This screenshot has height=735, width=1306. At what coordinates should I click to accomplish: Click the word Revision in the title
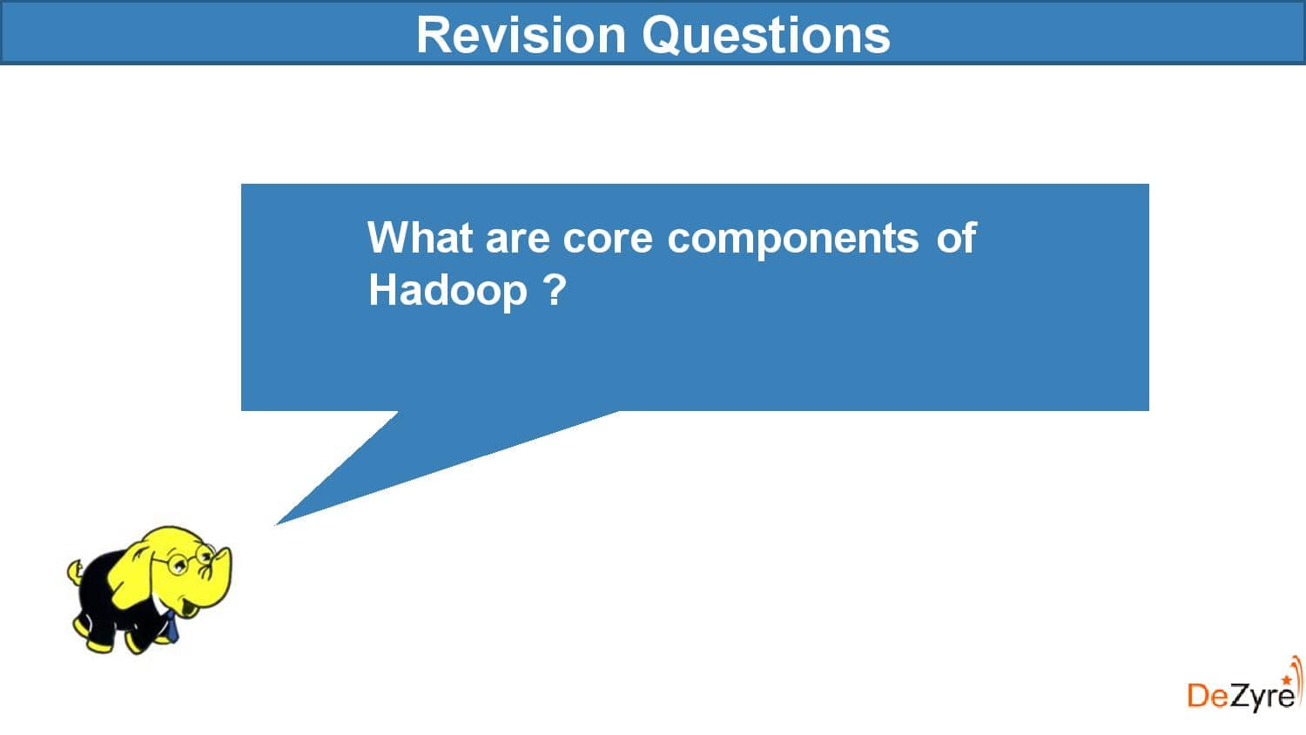521,35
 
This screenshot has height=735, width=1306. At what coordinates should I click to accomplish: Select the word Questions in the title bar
766,35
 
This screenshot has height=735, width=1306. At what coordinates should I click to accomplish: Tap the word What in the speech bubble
420,237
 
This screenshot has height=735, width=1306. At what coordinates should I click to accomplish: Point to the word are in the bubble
517,239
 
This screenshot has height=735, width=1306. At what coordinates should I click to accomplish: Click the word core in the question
608,239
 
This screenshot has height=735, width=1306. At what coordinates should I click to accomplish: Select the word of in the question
956,237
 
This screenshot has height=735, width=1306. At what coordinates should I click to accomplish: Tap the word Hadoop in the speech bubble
448,290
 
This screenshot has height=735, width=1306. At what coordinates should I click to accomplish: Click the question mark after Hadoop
555,289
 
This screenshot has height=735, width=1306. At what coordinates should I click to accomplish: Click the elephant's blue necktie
172,626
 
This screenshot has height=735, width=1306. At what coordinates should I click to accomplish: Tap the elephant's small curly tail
76,572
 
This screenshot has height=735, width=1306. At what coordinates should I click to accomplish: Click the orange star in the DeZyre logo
1287,679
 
